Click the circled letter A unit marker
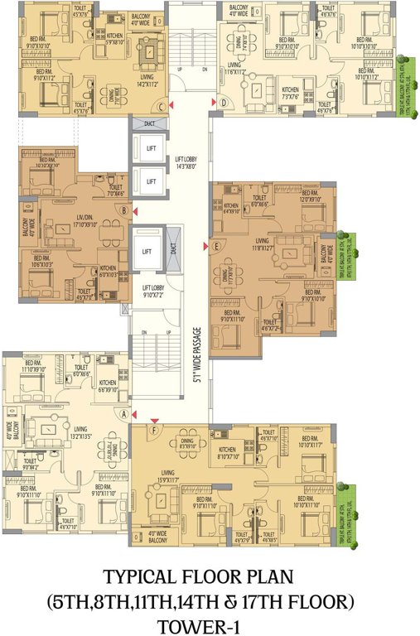click(x=124, y=413)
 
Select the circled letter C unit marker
click(x=162, y=105)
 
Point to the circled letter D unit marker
click(x=223, y=103)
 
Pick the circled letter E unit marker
click(x=216, y=246)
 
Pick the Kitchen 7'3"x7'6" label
click(x=290, y=93)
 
